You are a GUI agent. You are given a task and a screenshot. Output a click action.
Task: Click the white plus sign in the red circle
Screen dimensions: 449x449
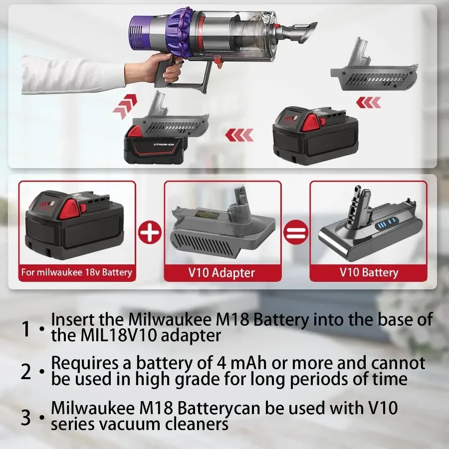click(x=150, y=232)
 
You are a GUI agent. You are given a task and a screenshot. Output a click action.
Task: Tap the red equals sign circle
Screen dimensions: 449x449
click(x=295, y=232)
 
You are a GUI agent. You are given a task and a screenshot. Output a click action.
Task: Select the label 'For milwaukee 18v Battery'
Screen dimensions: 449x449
click(x=77, y=272)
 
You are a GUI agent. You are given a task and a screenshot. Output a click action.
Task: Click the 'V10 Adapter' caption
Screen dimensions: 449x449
click(x=222, y=272)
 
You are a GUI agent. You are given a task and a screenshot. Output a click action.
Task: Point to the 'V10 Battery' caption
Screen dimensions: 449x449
click(x=369, y=272)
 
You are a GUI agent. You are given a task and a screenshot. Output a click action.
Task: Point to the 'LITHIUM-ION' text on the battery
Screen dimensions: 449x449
click(x=164, y=144)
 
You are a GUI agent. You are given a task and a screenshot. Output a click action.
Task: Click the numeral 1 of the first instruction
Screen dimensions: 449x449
click(x=26, y=328)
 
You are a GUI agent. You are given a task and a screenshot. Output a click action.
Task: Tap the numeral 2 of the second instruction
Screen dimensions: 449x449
click(x=26, y=372)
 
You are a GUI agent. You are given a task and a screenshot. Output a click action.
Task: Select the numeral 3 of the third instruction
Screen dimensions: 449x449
click(x=26, y=418)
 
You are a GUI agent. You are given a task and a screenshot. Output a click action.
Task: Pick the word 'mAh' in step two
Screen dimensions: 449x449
click(x=248, y=363)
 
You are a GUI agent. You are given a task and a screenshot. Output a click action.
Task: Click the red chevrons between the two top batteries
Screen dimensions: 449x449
click(x=239, y=135)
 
